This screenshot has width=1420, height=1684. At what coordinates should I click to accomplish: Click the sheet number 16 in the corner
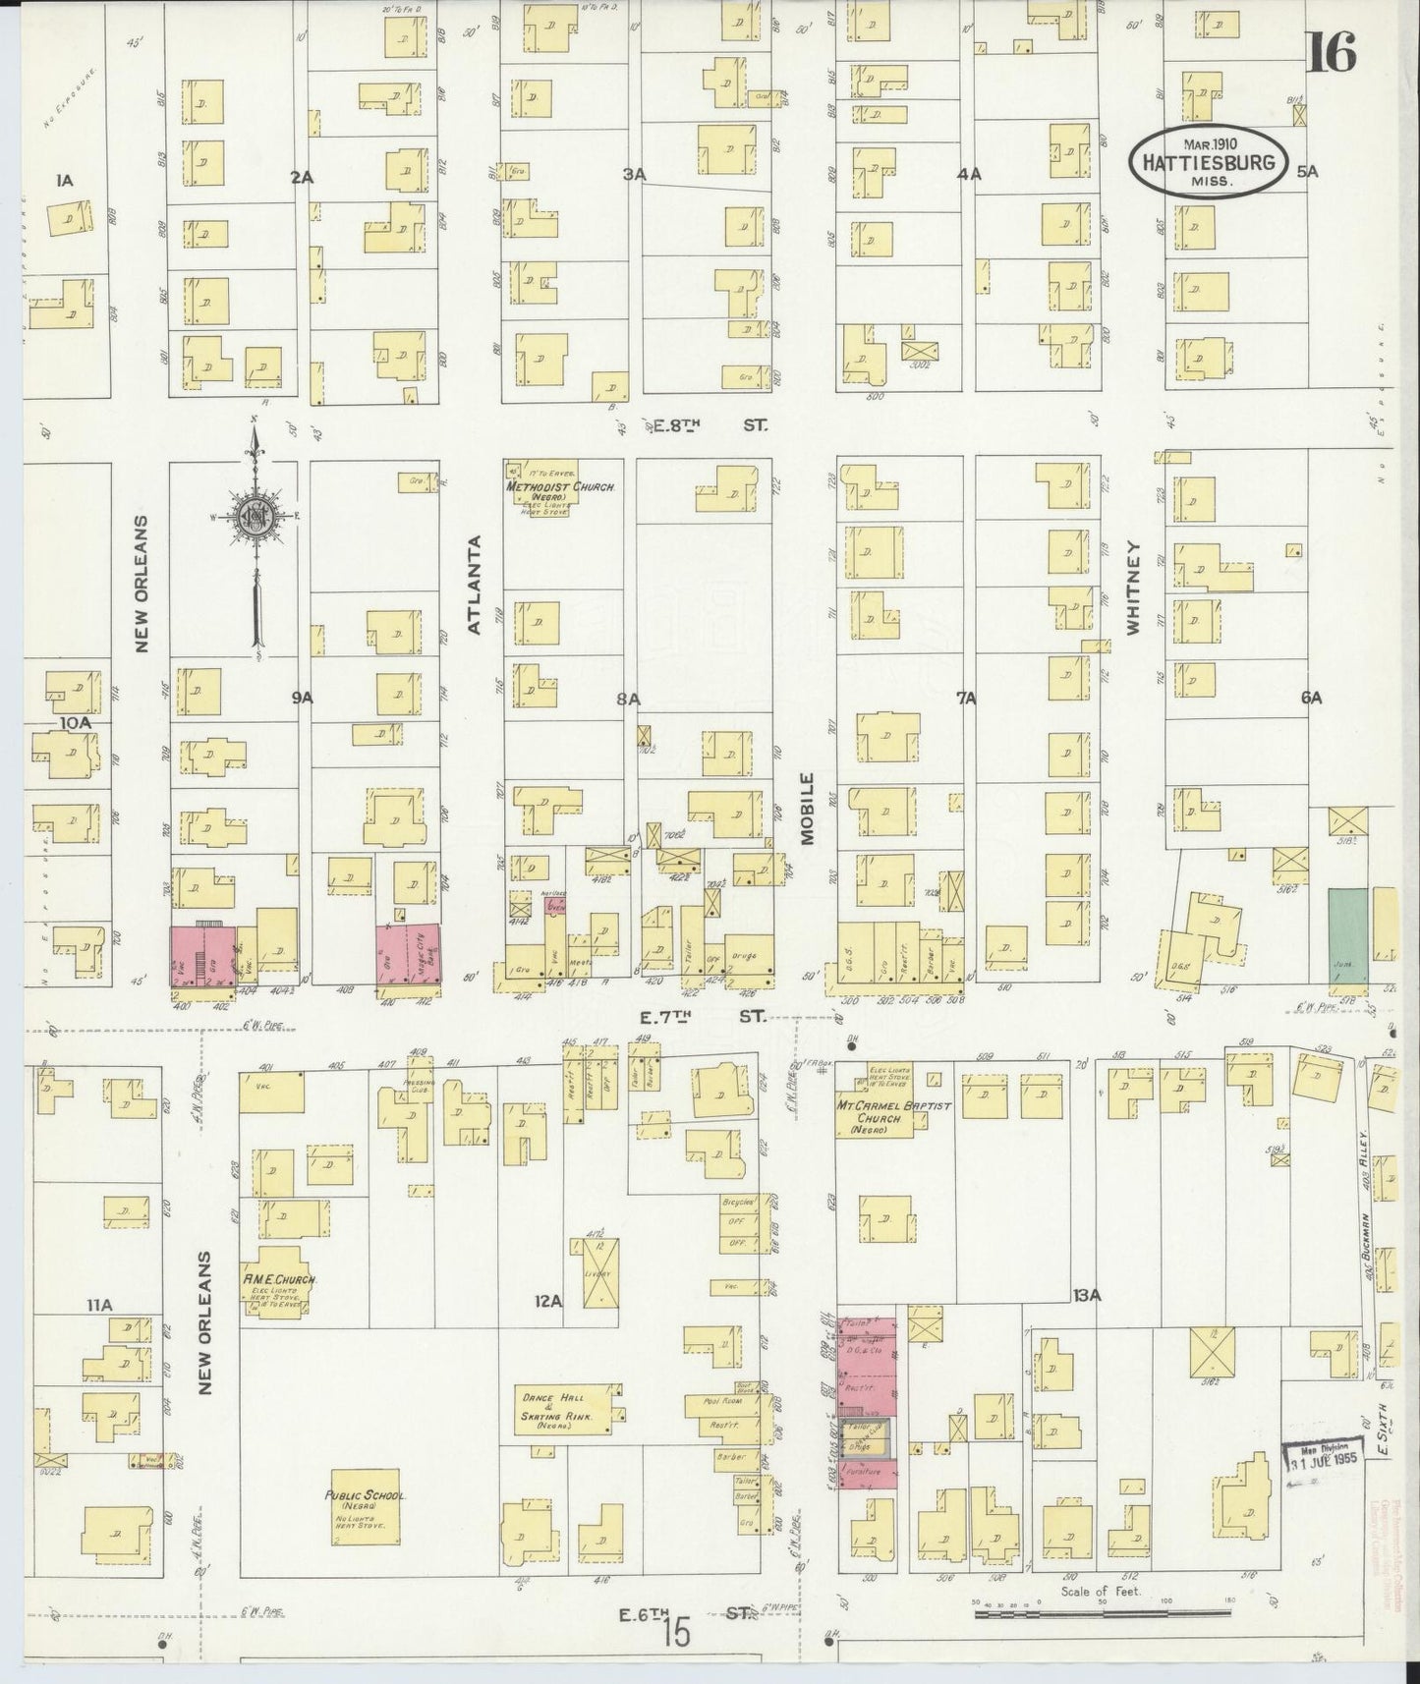pos(1332,52)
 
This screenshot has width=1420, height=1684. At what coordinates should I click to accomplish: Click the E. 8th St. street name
pos(705,425)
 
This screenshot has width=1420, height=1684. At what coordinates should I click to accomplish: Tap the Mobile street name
pos(807,808)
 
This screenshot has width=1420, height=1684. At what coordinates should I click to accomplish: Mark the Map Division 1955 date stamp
pos(1322,1457)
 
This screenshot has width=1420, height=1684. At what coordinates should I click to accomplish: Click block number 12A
pos(547,1301)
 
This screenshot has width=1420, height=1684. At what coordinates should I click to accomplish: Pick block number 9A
pos(301,698)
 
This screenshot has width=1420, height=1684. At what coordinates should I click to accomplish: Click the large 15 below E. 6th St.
pos(676,1633)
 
